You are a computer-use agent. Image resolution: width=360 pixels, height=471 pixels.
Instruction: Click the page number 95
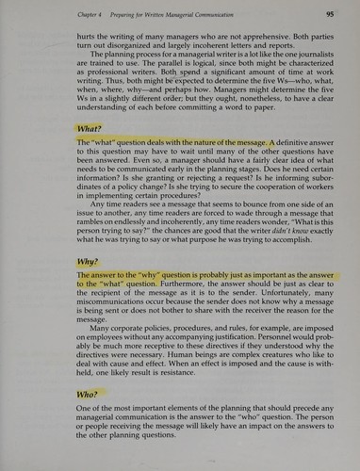(330, 14)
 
